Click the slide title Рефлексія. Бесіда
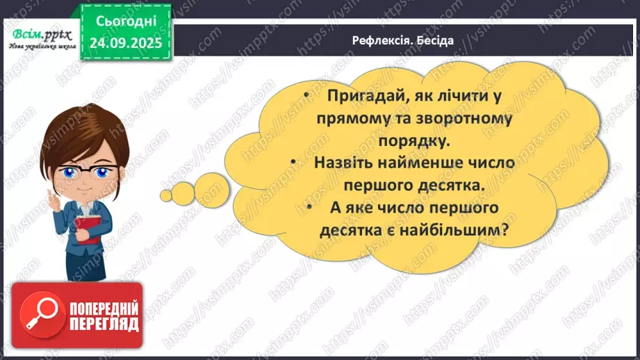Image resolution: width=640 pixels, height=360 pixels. click(402, 40)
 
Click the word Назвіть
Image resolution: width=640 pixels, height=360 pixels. click(347, 163)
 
